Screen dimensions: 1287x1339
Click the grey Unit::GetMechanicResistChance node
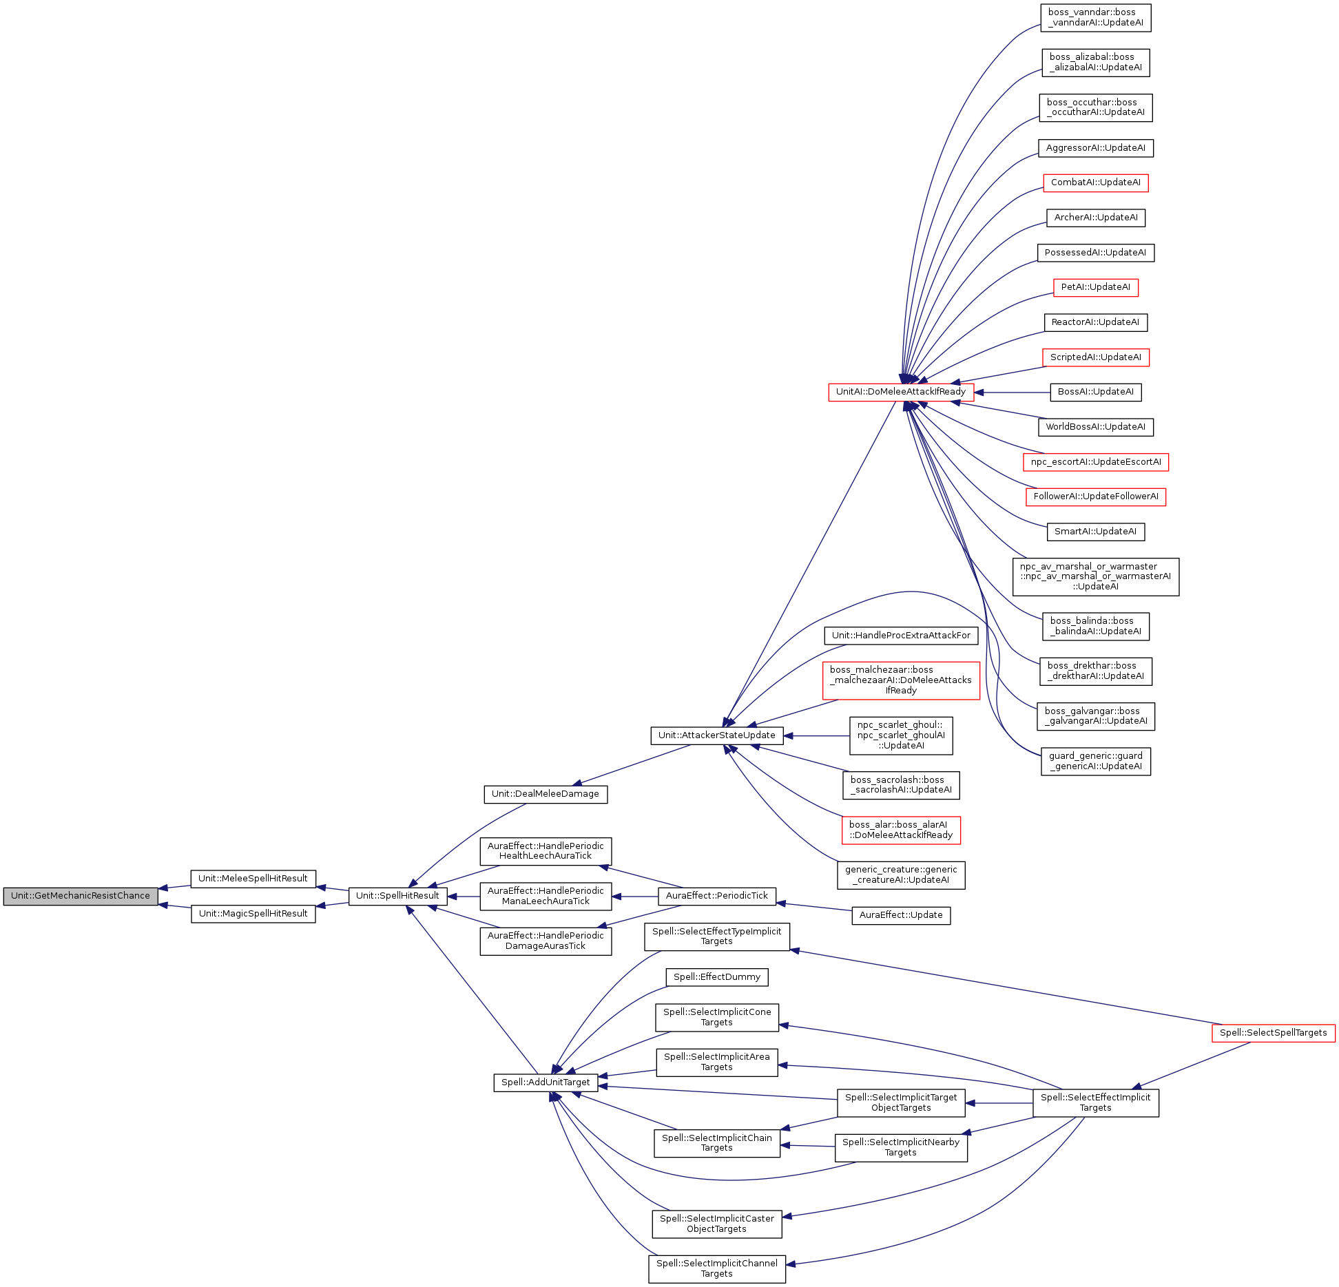click(x=81, y=896)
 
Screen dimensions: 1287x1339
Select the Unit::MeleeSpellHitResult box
click(x=253, y=879)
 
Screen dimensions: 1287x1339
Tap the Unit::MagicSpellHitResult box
click(x=253, y=914)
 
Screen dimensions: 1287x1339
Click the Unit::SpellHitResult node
click(x=397, y=896)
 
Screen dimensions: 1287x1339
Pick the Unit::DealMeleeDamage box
click(x=545, y=794)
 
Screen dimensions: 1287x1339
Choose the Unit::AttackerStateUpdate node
click(x=716, y=735)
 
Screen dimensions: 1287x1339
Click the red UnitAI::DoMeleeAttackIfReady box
click(x=900, y=392)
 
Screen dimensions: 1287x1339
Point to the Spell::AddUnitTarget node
click(x=546, y=1082)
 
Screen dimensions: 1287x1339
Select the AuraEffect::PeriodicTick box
click(x=716, y=896)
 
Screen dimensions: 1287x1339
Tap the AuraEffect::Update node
click(x=900, y=915)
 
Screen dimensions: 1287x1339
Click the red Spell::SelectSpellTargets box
click(x=1273, y=1033)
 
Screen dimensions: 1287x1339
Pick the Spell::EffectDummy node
click(x=716, y=977)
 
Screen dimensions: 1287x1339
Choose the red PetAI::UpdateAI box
click(x=1095, y=287)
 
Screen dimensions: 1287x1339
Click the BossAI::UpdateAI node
click(x=1095, y=392)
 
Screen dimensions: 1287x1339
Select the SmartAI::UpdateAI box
click(x=1095, y=532)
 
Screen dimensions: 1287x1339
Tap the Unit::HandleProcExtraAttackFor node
click(x=900, y=636)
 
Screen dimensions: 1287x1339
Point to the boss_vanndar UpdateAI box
click(x=1095, y=17)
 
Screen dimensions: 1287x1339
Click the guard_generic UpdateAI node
click(x=1095, y=761)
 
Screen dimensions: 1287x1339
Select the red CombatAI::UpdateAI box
click(x=1095, y=182)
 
